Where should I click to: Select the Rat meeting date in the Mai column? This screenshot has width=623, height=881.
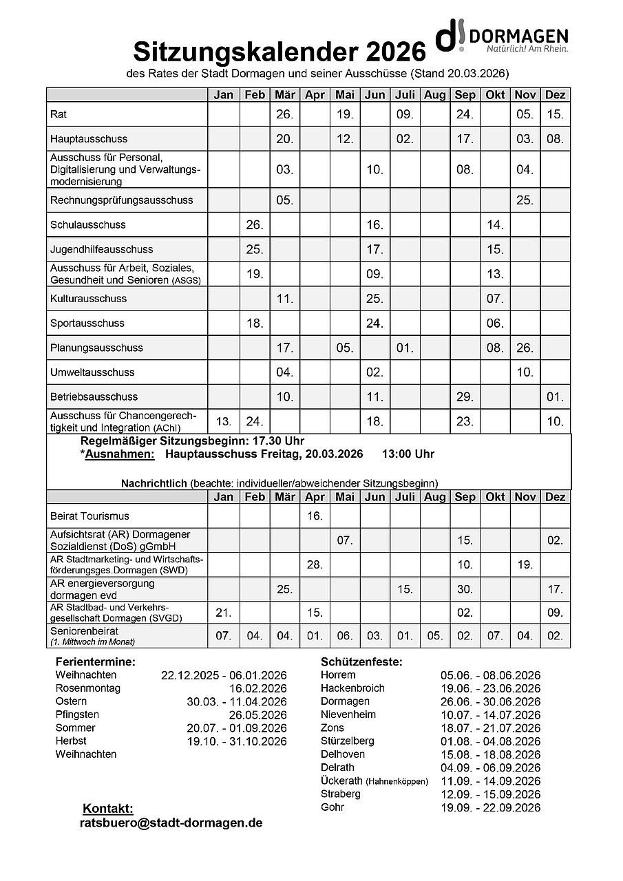(x=345, y=114)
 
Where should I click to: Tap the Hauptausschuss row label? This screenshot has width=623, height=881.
(x=89, y=139)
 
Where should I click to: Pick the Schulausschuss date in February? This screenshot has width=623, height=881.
(x=255, y=225)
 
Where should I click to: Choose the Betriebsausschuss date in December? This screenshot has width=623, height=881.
(x=555, y=397)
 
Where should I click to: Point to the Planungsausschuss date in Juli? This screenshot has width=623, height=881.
(x=405, y=348)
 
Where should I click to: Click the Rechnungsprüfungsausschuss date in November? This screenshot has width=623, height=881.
(x=525, y=200)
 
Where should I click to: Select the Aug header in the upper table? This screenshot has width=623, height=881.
(x=434, y=95)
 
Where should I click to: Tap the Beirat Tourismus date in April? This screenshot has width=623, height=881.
(x=315, y=516)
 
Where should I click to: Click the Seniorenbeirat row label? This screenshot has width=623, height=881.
(x=84, y=630)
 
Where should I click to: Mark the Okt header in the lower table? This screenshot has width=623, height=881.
(x=495, y=497)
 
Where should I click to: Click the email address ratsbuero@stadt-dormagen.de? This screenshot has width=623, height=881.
(x=171, y=822)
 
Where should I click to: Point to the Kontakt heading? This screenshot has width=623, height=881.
(x=107, y=808)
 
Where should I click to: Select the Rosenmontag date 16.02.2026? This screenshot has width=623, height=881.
(x=258, y=688)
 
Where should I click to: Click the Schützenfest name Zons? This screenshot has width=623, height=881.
(x=332, y=728)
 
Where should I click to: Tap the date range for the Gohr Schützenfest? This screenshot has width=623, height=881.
(x=490, y=808)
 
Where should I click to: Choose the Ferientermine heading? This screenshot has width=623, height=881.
(x=96, y=661)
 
